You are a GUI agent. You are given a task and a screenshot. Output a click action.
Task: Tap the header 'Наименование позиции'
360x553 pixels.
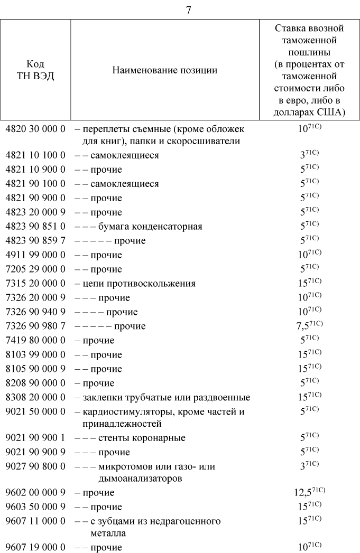pos(164,70)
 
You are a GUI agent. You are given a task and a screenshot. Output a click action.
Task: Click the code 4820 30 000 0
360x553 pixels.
pos(35,129)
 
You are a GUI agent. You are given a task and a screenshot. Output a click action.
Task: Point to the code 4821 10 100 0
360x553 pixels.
pos(35,155)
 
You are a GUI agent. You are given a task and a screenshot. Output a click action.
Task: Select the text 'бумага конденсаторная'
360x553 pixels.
pos(150,227)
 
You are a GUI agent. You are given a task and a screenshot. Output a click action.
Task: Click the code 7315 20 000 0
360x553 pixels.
pos(35,284)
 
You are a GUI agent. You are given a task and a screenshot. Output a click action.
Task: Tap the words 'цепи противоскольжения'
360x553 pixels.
pos(139,284)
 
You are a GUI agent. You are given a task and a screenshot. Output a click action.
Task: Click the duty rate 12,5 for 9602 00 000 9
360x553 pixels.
pos(302,493)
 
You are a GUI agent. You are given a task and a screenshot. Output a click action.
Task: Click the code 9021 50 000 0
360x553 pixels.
pos(35,411)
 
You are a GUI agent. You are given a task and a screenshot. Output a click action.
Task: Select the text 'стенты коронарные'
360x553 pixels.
pos(141,438)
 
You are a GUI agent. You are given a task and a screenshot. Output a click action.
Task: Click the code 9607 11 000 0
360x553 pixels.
pos(35,521)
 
